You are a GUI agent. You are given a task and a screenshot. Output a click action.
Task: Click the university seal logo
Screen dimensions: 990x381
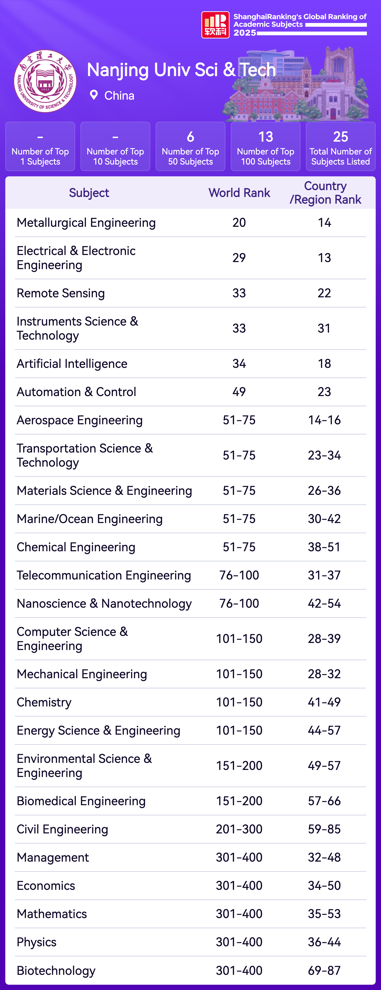pyautogui.click(x=45, y=81)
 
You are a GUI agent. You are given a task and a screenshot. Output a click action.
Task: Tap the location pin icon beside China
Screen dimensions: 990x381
pyautogui.click(x=93, y=95)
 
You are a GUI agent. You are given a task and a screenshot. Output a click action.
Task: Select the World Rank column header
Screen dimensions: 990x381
pyautogui.click(x=239, y=193)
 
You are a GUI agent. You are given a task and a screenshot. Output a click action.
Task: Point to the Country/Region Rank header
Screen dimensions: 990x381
pyautogui.click(x=325, y=193)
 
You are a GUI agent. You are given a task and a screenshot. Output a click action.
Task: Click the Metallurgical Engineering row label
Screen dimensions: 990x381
pyautogui.click(x=86, y=223)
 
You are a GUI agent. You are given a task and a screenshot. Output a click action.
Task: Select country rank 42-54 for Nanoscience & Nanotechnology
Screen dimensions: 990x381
pyautogui.click(x=324, y=603)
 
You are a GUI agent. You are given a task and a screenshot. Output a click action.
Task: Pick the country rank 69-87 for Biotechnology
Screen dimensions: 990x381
pyautogui.click(x=324, y=970)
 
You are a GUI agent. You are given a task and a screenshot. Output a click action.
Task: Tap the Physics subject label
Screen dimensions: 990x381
pyautogui.click(x=37, y=942)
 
